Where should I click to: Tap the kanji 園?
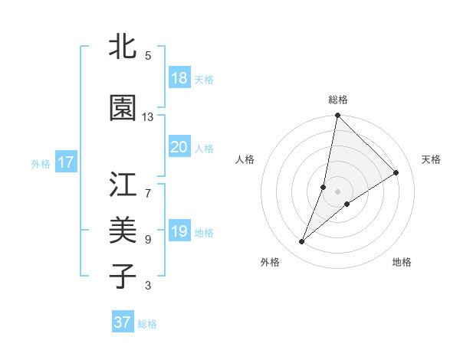tap(123, 109)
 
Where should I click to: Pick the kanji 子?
tap(123, 275)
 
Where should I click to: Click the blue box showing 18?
tap(179, 78)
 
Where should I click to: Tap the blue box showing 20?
tap(179, 147)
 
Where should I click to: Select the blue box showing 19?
tap(179, 231)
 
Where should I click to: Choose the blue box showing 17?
tap(65, 162)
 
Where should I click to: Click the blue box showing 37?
tap(123, 322)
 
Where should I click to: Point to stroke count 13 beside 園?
tap(148, 117)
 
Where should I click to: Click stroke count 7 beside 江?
tap(148, 186)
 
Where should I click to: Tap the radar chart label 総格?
tap(338, 100)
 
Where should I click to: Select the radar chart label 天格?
tap(431, 159)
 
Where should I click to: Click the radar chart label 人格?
tap(245, 159)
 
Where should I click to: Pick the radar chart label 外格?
tap(269, 262)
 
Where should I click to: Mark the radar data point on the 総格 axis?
tap(337, 116)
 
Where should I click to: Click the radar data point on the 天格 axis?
tap(396, 172)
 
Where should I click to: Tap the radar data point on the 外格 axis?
tap(302, 242)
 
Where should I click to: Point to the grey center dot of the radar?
tap(337, 191)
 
